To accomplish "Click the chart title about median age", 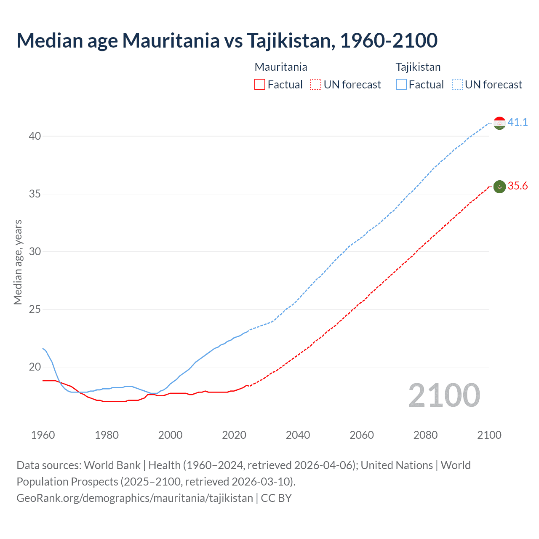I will pos(227,40).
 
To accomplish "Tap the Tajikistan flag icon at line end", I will pos(499,123).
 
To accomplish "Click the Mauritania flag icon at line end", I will pos(499,186).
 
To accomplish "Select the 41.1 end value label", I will pos(518,123).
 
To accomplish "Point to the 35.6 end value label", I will pos(518,186).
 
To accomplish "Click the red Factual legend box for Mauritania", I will pos(260,85).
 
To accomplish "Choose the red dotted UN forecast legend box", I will pos(316,85).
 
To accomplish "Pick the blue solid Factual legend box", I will pos(401,85).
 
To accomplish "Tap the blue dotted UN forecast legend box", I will pos(457,85).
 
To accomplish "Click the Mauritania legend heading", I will pos(281,67).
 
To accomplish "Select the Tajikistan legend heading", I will pos(418,67).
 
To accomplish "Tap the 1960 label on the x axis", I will pos(43,435).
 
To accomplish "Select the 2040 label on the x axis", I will pos(298,435).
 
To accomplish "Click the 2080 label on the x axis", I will pos(425,435).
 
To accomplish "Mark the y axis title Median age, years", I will pos(18,262).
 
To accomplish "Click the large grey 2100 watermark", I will pos(444,395).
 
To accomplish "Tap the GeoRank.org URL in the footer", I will pos(135,498).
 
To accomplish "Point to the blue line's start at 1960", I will pos(43,349).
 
